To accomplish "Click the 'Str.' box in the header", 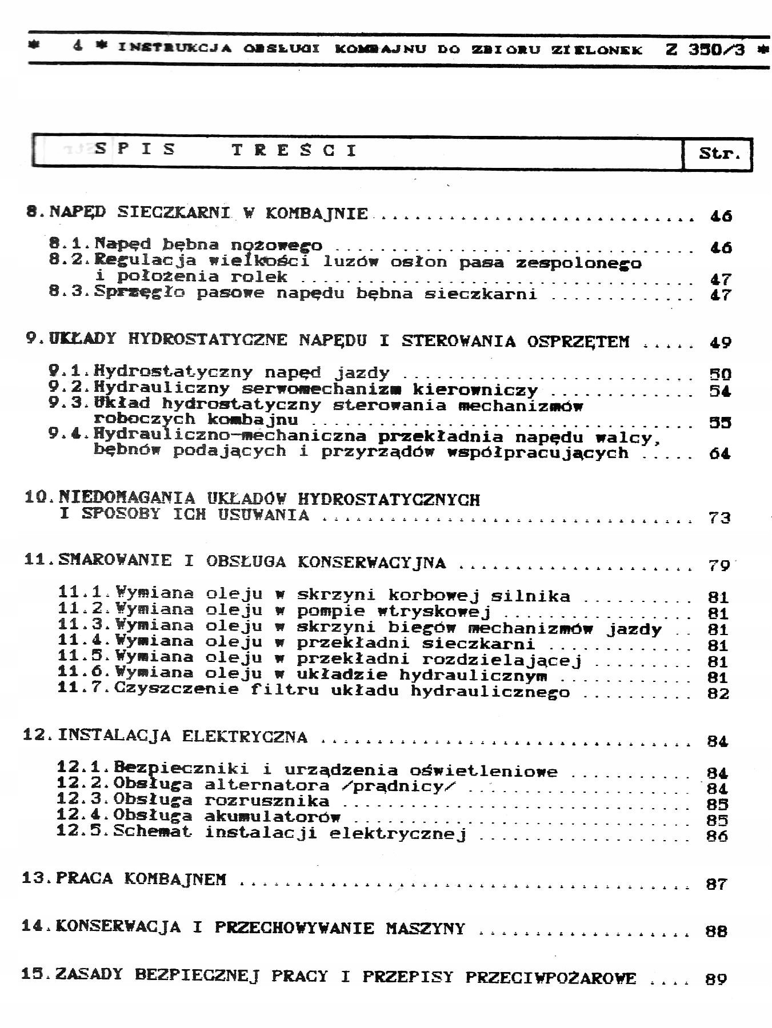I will click(x=718, y=153).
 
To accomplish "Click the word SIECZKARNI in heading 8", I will click(x=174, y=213).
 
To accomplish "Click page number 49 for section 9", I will click(x=720, y=343).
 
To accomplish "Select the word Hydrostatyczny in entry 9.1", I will click(x=173, y=373).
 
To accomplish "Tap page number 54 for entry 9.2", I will click(x=720, y=391).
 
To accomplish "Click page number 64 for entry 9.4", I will click(x=720, y=454).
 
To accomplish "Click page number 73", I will click(x=719, y=518).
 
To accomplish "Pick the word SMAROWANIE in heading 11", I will click(x=114, y=560).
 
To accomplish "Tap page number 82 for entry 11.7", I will click(x=718, y=694).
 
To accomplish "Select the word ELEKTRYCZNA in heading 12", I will click(x=245, y=737).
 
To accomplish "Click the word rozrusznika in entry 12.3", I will click(x=267, y=801).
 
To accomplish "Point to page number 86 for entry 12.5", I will click(x=717, y=836).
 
